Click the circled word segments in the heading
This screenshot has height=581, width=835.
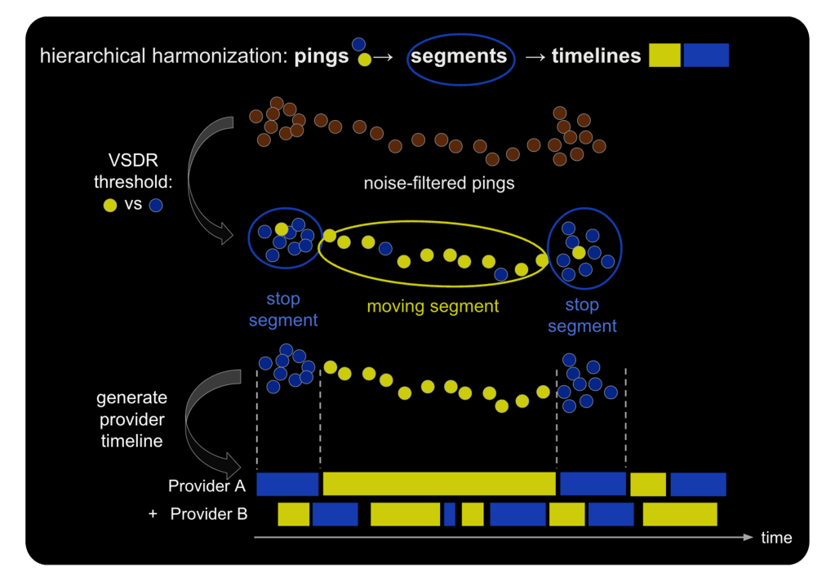(459, 56)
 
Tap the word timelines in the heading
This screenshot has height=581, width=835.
(596, 56)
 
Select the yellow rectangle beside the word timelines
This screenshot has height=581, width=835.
(664, 55)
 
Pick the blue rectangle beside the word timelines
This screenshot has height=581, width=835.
(706, 55)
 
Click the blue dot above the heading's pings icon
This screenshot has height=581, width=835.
(359, 44)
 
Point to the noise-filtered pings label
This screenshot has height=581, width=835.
(439, 183)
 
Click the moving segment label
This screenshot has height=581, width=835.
(433, 306)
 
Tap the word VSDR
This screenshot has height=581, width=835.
(133, 160)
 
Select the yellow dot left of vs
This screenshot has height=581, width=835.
(110, 206)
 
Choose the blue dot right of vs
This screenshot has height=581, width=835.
(156, 206)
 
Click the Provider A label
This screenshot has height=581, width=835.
(207, 486)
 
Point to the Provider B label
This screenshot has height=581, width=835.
(209, 514)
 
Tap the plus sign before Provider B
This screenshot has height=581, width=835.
(153, 514)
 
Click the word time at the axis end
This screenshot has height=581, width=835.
(776, 537)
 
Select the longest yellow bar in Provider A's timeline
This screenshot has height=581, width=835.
(439, 484)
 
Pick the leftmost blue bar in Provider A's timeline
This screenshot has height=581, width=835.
(287, 484)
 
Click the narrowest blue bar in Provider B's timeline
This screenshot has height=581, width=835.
(450, 514)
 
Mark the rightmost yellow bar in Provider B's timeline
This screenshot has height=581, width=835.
(680, 514)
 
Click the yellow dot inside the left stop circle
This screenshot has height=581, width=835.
(282, 229)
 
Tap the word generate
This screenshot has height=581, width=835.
(131, 398)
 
